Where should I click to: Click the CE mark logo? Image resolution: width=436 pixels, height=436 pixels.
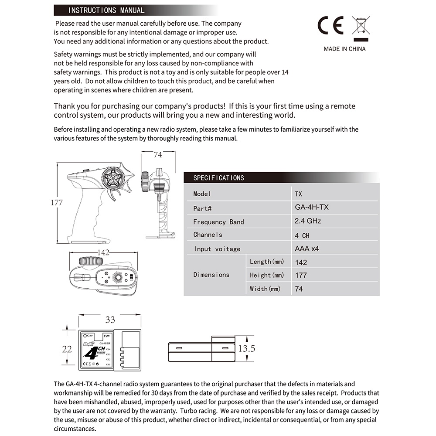tap(330, 26)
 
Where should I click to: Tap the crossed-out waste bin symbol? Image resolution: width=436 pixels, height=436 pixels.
tap(361, 26)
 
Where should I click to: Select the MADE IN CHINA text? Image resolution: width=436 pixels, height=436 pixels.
tap(344, 49)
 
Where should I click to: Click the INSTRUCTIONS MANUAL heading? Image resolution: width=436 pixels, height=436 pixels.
tap(106, 10)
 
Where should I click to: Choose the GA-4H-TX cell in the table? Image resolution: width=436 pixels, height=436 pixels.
tap(312, 207)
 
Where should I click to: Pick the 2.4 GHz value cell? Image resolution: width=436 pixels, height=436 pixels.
tap(308, 221)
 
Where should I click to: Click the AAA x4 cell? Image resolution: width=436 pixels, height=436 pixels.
tap(307, 249)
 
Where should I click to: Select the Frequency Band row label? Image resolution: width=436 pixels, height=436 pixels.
tap(218, 222)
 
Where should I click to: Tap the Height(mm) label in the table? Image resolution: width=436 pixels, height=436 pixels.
tap(267, 275)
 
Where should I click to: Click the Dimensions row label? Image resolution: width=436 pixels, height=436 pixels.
tap(211, 275)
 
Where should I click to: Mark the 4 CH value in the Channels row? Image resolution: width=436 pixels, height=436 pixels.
tap(302, 235)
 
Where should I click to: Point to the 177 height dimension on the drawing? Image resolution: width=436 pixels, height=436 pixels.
tap(57, 203)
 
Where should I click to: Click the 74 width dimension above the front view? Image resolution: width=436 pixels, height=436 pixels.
tap(158, 155)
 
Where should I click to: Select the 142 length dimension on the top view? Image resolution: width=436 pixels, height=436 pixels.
tap(103, 253)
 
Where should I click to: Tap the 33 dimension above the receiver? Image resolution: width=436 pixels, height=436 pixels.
tap(111, 320)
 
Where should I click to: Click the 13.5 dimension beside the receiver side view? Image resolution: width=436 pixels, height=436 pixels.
tap(246, 348)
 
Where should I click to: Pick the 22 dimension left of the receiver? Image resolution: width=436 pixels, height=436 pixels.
tap(67, 349)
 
